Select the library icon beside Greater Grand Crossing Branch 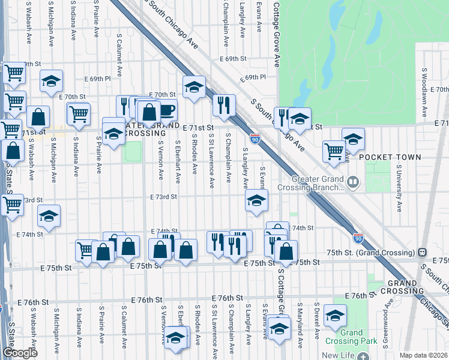click(x=353, y=180)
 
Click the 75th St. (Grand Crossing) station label click(x=367, y=252)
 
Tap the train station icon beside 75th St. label click(x=422, y=252)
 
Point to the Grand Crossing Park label click(x=352, y=337)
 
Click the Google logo click(x=20, y=353)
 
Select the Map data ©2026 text click(x=423, y=355)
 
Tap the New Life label click(x=339, y=355)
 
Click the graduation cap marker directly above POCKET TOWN click(x=353, y=139)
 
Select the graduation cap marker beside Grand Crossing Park click(x=334, y=314)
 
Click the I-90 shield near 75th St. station click(x=358, y=238)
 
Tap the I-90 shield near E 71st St click(x=255, y=139)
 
